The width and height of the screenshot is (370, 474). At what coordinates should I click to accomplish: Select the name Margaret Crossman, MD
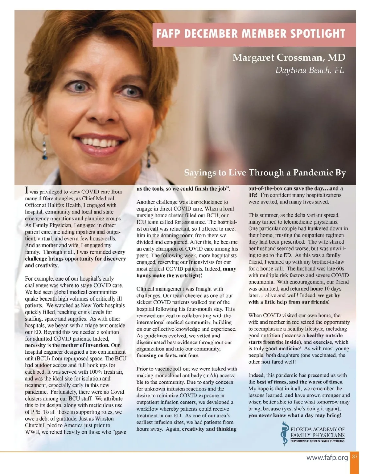(x=289, y=58)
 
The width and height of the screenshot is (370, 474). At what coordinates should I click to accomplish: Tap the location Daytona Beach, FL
(x=309, y=70)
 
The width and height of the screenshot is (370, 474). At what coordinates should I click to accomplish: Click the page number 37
(x=355, y=456)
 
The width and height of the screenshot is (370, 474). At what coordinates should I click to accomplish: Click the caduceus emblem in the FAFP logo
(x=284, y=433)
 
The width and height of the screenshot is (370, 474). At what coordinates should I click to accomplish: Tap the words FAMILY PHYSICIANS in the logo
(x=318, y=435)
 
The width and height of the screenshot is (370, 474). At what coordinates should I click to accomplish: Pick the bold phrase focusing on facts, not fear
(x=167, y=355)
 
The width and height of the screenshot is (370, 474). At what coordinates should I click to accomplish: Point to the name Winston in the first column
(x=105, y=419)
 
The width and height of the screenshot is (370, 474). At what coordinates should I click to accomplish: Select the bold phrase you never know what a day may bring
(x=295, y=416)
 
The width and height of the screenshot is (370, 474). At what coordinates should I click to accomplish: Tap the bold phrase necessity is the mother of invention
(x=67, y=345)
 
